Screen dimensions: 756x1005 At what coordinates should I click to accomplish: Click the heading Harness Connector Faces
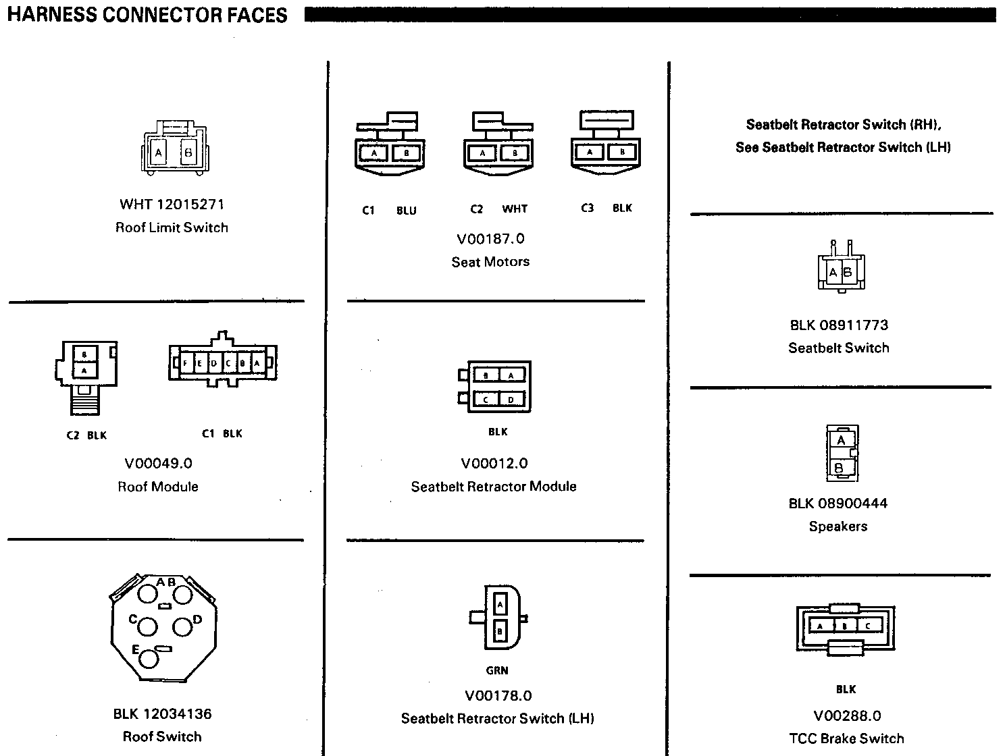coord(147,15)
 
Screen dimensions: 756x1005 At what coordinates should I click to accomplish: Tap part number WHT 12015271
coord(172,204)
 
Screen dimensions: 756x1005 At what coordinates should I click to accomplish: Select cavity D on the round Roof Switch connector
coord(182,626)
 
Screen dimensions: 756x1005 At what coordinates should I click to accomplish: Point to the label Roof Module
coord(158,487)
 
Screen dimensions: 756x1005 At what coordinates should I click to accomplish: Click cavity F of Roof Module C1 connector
coord(185,363)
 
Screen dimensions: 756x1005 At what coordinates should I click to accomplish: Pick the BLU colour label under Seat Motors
coord(407,211)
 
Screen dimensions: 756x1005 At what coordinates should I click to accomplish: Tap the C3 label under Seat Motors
coord(588,209)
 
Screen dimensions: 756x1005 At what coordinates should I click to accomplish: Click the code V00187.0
coord(490,239)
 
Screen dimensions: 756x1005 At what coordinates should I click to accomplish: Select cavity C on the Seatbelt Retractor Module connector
coord(486,400)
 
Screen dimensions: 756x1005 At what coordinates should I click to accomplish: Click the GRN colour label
coord(497,670)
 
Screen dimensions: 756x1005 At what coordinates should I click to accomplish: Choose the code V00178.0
coord(498,696)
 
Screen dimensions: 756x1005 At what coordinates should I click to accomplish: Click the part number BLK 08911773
coord(839,325)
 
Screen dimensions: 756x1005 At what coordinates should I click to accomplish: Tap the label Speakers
coord(838,526)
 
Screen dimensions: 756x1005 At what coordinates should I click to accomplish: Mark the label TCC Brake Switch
coord(846,738)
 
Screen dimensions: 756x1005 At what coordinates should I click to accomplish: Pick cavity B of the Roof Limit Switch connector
coord(188,153)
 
